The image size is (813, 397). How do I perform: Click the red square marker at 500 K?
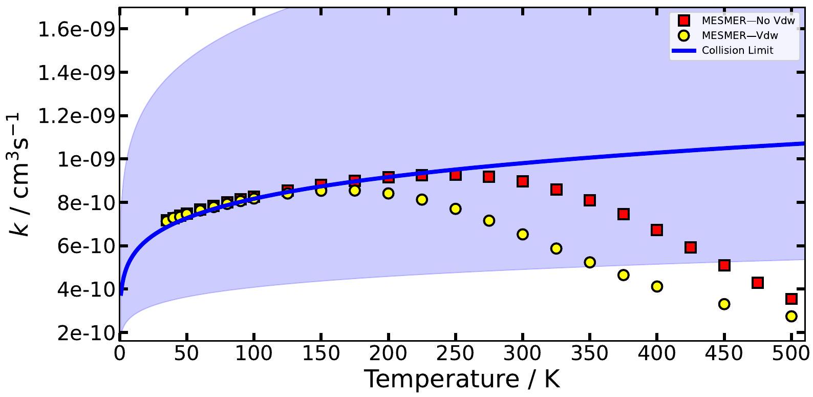click(x=791, y=299)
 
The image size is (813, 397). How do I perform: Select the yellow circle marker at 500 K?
click(x=791, y=316)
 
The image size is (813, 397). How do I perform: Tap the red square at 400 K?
click(x=657, y=230)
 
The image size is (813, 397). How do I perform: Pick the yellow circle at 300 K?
click(x=523, y=234)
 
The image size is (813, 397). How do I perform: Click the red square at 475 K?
click(x=758, y=283)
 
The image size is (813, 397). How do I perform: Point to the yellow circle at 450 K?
click(x=724, y=304)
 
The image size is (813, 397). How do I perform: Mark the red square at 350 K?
click(x=590, y=200)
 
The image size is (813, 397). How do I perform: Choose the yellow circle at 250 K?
click(x=456, y=209)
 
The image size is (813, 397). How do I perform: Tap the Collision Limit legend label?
click(x=737, y=50)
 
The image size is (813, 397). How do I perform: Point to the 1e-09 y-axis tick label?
click(x=88, y=159)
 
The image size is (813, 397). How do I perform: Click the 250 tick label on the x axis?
click(x=456, y=354)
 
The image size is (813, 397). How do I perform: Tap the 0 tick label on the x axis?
click(x=120, y=354)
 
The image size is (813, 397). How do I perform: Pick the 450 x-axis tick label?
click(x=724, y=354)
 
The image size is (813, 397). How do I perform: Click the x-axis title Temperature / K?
click(x=462, y=380)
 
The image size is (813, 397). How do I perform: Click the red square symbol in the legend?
click(x=684, y=21)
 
